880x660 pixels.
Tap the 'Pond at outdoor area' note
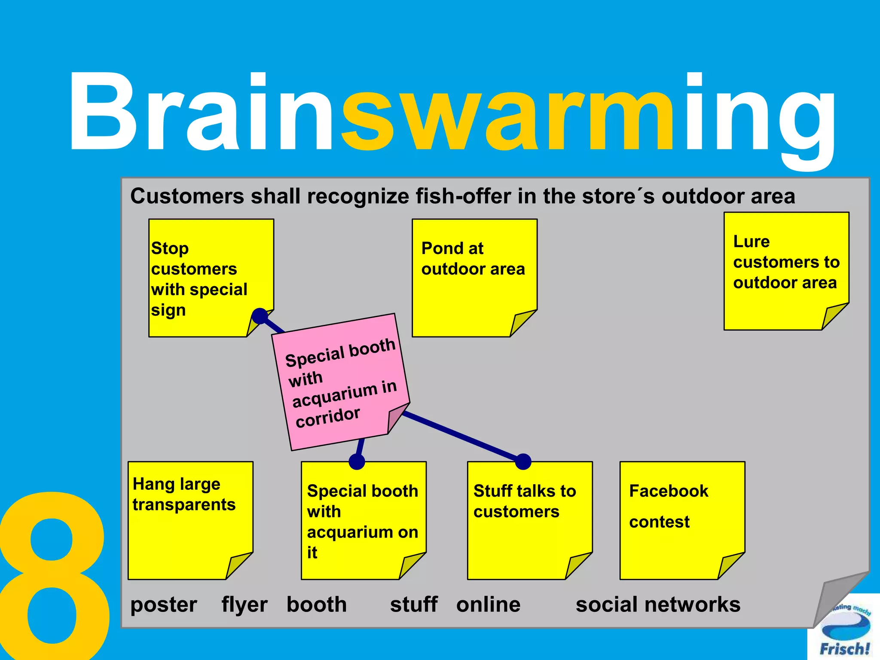tap(474, 278)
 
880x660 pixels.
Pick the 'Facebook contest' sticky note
tap(682, 520)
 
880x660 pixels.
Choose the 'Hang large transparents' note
tap(190, 520)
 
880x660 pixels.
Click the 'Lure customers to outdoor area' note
tap(786, 271)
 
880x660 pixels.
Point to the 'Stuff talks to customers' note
tap(529, 520)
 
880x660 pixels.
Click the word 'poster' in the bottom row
tap(164, 605)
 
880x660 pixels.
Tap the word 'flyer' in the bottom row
tap(244, 605)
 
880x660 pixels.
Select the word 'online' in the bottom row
tap(488, 605)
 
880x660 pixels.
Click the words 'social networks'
tap(658, 605)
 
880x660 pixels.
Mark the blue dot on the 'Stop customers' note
tap(260, 316)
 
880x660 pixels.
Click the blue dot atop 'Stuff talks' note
tap(523, 461)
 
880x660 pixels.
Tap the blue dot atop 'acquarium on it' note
tap(357, 461)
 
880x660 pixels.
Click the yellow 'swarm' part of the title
tap(507, 114)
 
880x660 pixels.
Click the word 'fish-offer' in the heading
tap(464, 196)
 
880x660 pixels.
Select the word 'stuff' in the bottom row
tap(413, 605)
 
